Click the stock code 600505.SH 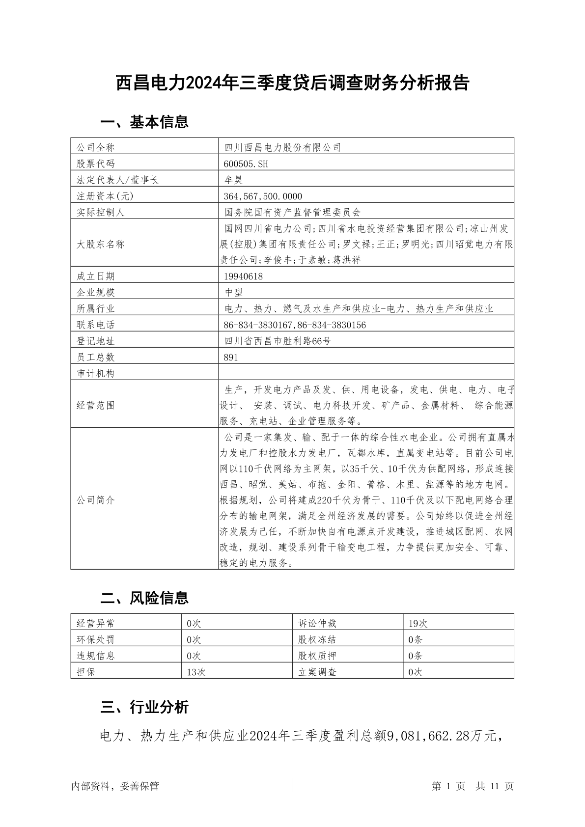[246, 164]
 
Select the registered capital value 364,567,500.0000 [263, 196]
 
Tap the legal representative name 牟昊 [234, 180]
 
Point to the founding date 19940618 [243, 276]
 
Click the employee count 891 [230, 358]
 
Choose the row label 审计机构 [96, 374]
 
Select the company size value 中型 [234, 293]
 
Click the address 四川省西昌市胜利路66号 [278, 341]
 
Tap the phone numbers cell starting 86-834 [295, 325]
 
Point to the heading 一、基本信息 [144, 122]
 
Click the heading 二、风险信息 [144, 598]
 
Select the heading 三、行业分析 [144, 707]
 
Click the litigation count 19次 [418, 624]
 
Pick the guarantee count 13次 [196, 672]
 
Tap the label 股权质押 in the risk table [317, 656]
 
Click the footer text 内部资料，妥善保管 [115, 786]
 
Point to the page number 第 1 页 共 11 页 [473, 786]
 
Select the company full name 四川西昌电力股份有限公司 [282, 147]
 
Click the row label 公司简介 [96, 500]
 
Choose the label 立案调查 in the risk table [317, 672]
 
